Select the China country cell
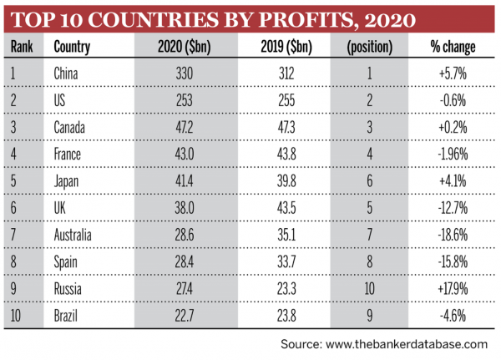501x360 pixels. pyautogui.click(x=66, y=75)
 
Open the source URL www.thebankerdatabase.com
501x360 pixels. pyautogui.click(x=406, y=344)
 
